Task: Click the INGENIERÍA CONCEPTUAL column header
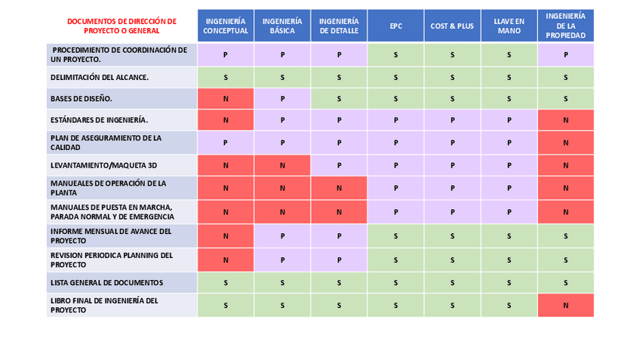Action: coord(226,26)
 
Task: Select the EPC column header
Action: coord(395,26)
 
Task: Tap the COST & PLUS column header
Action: coord(452,26)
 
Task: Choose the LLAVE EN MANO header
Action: coord(509,26)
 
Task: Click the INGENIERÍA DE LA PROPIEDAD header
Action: coord(565,26)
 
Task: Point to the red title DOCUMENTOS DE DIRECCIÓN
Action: coord(122,26)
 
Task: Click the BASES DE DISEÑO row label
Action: coord(81,99)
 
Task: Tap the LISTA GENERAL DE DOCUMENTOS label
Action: coord(106,283)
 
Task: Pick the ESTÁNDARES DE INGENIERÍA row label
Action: coord(99,120)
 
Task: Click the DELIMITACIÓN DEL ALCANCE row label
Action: coord(99,77)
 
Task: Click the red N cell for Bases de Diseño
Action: coord(226,99)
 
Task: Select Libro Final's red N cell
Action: coord(565,305)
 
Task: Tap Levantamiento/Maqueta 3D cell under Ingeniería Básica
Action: coord(282,165)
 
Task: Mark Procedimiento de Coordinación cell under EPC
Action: coord(395,55)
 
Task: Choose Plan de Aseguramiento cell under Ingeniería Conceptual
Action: coord(226,143)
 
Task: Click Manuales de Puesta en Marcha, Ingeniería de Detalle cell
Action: coord(339,212)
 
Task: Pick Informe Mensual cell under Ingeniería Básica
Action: coord(282,236)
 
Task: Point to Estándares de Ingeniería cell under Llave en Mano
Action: coord(509,120)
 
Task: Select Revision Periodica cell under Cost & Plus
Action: coord(452,260)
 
